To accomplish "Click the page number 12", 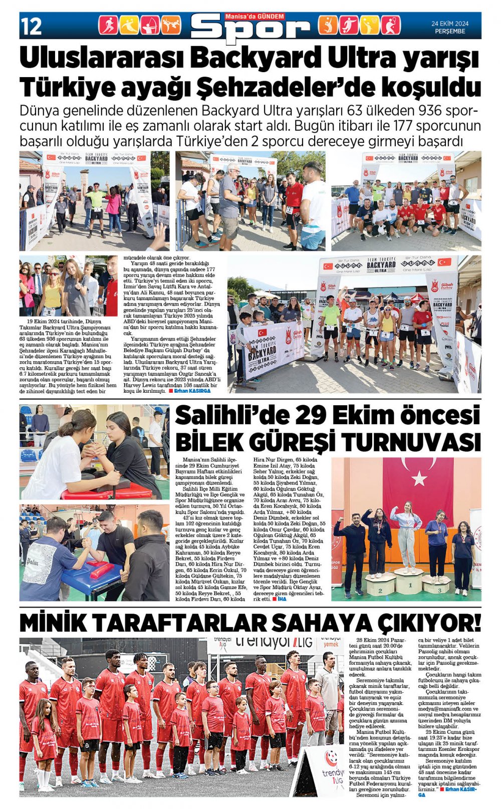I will click(31, 26).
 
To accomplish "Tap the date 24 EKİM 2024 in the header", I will click(449, 23).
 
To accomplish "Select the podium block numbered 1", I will click(409, 582).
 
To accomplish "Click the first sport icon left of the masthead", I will click(107, 26).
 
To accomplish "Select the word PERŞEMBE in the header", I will click(449, 31).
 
